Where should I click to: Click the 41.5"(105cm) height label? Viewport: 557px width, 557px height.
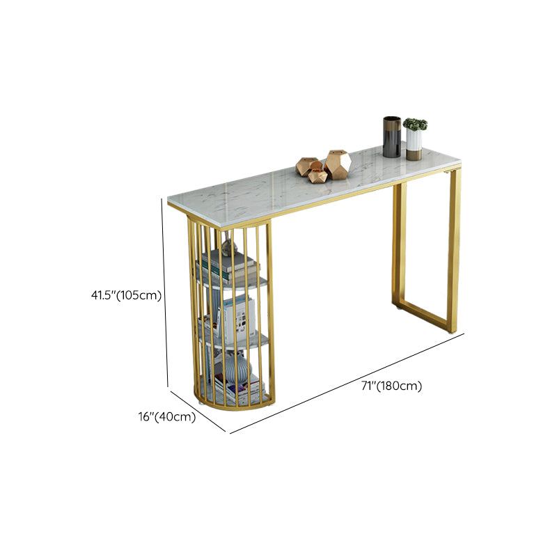[x=125, y=295]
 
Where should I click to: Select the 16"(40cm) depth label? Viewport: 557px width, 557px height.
[x=166, y=417]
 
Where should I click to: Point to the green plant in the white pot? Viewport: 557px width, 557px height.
[x=415, y=124]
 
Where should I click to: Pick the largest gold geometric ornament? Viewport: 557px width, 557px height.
[x=338, y=164]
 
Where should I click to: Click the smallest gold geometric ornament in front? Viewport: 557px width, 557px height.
[x=318, y=175]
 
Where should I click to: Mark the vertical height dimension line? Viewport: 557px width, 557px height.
[x=166, y=292]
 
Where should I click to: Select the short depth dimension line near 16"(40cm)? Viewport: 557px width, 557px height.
[x=198, y=410]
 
